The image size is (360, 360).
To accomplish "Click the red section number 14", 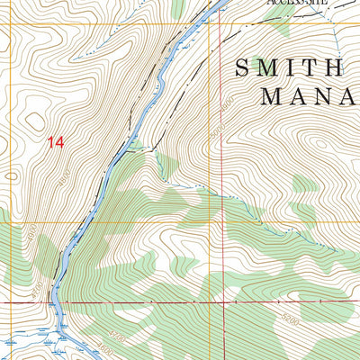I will click(57, 141).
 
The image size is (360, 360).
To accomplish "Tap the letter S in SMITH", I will click(243, 67).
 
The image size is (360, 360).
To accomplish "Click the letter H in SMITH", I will click(334, 67).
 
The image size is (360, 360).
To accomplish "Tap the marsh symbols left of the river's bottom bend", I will click(18, 344).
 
